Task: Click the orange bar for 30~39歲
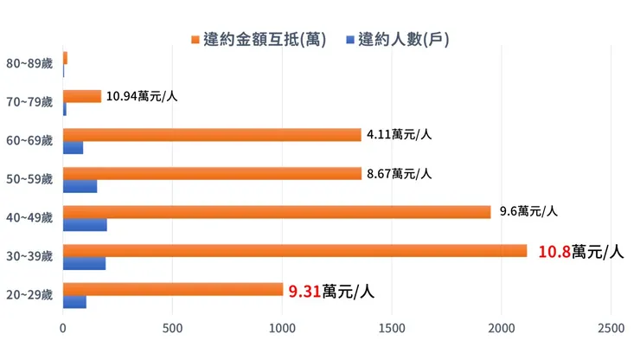coord(294,251)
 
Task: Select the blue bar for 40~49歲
coord(85,225)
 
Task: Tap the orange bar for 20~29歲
coord(173,289)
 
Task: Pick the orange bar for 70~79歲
coord(82,96)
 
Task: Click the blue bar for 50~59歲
coord(80,186)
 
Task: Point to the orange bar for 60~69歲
coord(212,134)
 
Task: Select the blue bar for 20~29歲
coord(74,302)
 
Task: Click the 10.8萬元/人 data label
coord(580,252)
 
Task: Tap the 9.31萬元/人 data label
coord(331,292)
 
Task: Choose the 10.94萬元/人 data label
coord(142,96)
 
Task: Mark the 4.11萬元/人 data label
coord(399,134)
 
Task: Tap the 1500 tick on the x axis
coord(392,330)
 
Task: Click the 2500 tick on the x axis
coord(611,330)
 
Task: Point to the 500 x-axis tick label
coord(173,330)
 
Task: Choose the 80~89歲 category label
coord(29,64)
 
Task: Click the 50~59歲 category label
coord(29,180)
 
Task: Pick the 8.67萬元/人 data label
coord(399,173)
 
